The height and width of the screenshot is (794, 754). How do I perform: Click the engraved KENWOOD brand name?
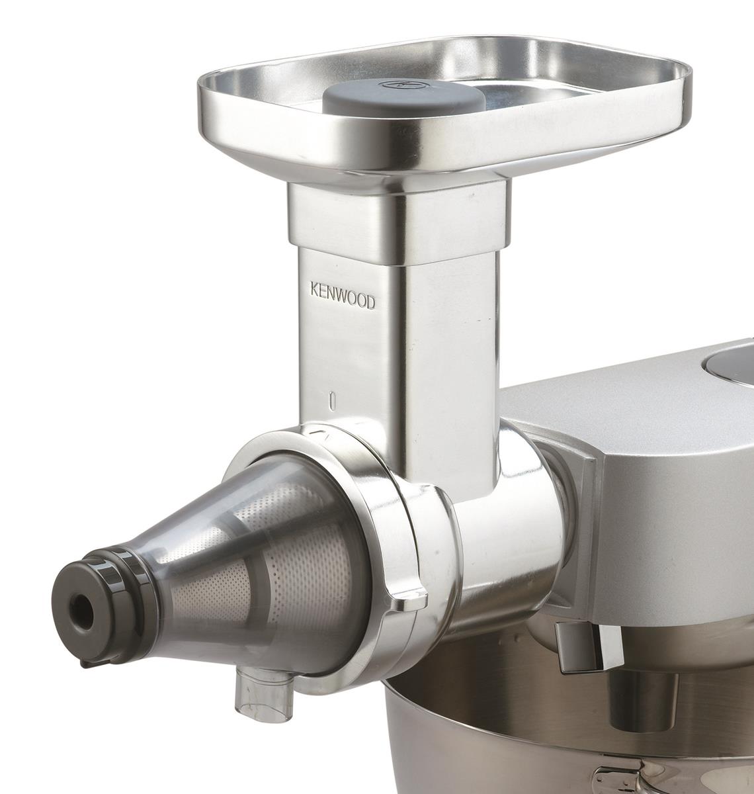click(343, 296)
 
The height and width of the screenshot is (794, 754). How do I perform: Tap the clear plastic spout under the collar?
click(254, 695)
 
